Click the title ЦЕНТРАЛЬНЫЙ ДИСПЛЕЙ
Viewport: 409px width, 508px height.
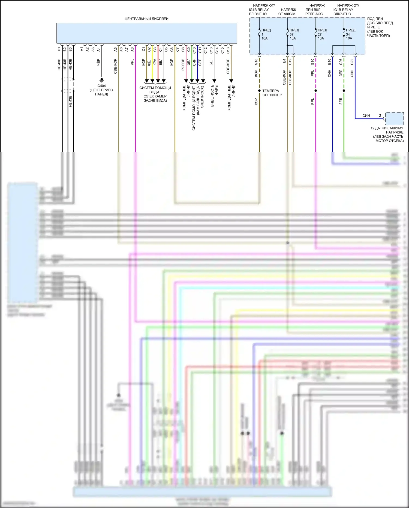[x=146, y=19]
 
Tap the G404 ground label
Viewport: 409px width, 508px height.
[x=101, y=86]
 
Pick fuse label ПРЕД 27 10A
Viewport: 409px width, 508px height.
[x=322, y=34]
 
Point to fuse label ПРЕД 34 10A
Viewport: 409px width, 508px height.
[x=350, y=34]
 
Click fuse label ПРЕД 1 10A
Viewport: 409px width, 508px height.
[x=266, y=34]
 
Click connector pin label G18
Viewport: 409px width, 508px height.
[x=256, y=62]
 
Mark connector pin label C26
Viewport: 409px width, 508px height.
[x=341, y=62]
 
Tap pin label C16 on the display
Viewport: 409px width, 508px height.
[x=228, y=50]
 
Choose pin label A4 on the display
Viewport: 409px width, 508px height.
[x=98, y=49]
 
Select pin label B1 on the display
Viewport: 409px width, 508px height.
[x=59, y=49]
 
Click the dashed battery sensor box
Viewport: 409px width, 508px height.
[x=394, y=119]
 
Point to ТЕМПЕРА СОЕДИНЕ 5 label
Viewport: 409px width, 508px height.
[x=272, y=93]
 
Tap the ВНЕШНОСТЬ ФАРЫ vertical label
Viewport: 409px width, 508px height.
[x=214, y=96]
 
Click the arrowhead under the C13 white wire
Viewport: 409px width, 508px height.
[x=214, y=81]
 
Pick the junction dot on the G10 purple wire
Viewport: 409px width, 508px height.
[x=315, y=91]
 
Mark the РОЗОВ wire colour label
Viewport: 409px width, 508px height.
[x=183, y=65]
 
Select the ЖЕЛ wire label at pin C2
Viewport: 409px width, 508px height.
[x=149, y=63]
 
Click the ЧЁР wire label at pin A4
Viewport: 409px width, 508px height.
[x=98, y=62]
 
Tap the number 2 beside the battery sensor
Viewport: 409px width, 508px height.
[x=380, y=116]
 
